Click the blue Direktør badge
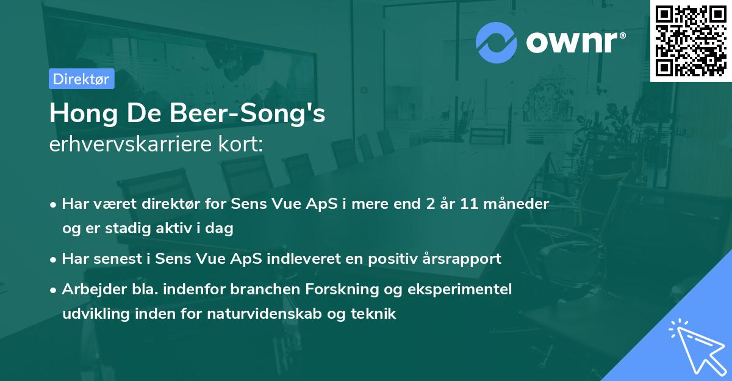click(81, 79)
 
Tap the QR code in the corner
click(691, 41)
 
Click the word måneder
click(520, 203)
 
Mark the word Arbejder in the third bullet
click(90, 289)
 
